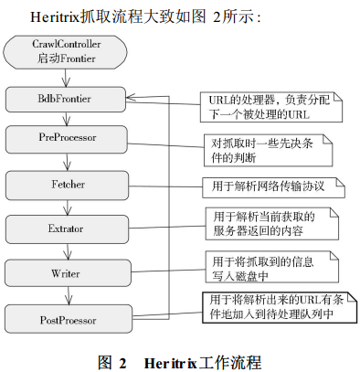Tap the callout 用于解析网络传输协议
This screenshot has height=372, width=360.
274,186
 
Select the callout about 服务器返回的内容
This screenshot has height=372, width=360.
270,224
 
